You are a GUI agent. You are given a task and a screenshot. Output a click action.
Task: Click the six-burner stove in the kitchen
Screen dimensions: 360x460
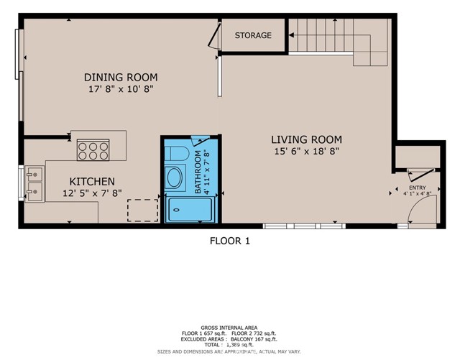pos(93,150)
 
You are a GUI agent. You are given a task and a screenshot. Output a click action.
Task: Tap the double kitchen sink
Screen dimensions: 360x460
pos(34,183)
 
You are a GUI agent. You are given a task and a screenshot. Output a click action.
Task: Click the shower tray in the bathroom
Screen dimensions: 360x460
pos(190,210)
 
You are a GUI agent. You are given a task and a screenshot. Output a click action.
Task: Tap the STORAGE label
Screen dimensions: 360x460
pos(253,35)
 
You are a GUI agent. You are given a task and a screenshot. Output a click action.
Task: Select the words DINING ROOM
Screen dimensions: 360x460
pos(120,77)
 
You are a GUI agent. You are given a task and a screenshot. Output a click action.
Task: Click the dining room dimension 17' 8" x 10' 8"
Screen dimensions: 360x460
pos(119,90)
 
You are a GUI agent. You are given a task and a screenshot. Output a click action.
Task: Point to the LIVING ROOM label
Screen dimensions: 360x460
pos(306,139)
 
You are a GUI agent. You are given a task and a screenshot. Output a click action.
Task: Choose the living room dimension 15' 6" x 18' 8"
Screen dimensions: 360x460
pos(306,152)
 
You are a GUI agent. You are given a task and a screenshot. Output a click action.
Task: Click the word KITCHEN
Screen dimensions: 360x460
pos(91,181)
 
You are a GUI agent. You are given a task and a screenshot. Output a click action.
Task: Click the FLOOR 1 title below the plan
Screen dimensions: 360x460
pos(229,241)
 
